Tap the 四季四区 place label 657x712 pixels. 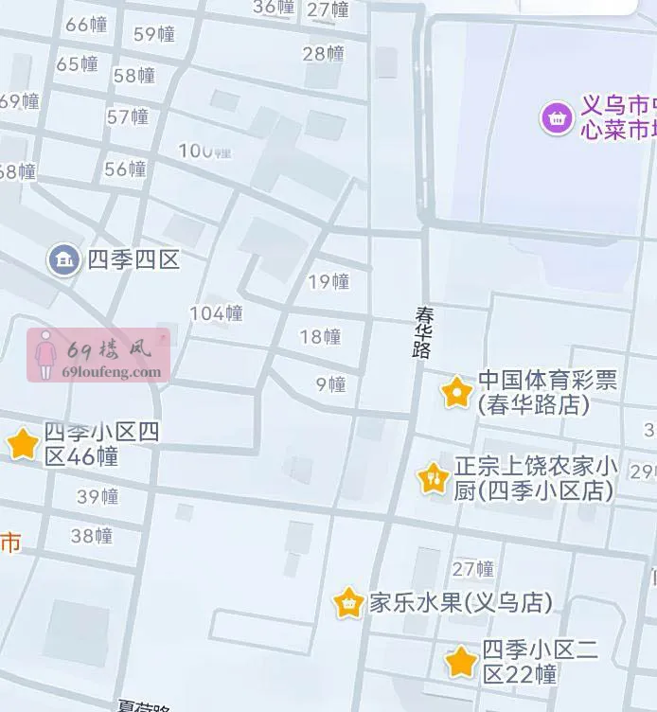(x=133, y=258)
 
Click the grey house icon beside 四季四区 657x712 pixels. (x=63, y=258)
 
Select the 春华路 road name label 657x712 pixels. (x=422, y=330)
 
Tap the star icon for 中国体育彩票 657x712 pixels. (x=456, y=391)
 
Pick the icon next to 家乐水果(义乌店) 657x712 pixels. (x=348, y=602)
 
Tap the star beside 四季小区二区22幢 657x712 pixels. (x=461, y=662)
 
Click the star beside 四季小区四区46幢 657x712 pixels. (x=22, y=443)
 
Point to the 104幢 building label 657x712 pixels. (x=216, y=313)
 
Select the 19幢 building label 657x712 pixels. (x=328, y=281)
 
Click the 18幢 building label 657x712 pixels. (x=320, y=336)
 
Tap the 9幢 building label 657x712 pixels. (x=330, y=383)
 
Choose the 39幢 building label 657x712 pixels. (x=98, y=496)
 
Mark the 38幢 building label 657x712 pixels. (x=92, y=535)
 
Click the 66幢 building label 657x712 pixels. (x=86, y=25)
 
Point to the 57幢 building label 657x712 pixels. (x=128, y=116)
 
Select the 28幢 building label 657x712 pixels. (x=323, y=53)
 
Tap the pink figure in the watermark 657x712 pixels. (x=44, y=355)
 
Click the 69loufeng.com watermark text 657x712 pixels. (x=111, y=372)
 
